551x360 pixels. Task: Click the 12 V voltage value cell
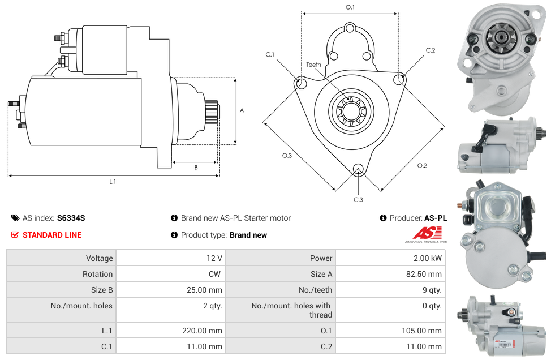tap(214, 258)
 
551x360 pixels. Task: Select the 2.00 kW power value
tap(429, 258)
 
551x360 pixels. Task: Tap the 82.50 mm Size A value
tap(427, 274)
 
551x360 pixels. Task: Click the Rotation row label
tap(97, 274)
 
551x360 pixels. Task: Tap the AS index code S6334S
tap(71, 218)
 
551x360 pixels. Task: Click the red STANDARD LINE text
tap(52, 235)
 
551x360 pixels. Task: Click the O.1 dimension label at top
tap(350, 7)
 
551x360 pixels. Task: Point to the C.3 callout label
tap(358, 199)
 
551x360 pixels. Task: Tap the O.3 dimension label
tap(287, 156)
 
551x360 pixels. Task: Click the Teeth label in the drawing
tap(313, 65)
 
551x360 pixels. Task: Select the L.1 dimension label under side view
tap(113, 182)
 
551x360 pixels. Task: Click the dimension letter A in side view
tap(242, 110)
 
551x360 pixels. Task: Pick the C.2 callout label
tap(431, 50)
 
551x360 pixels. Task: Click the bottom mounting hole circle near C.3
tap(358, 169)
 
